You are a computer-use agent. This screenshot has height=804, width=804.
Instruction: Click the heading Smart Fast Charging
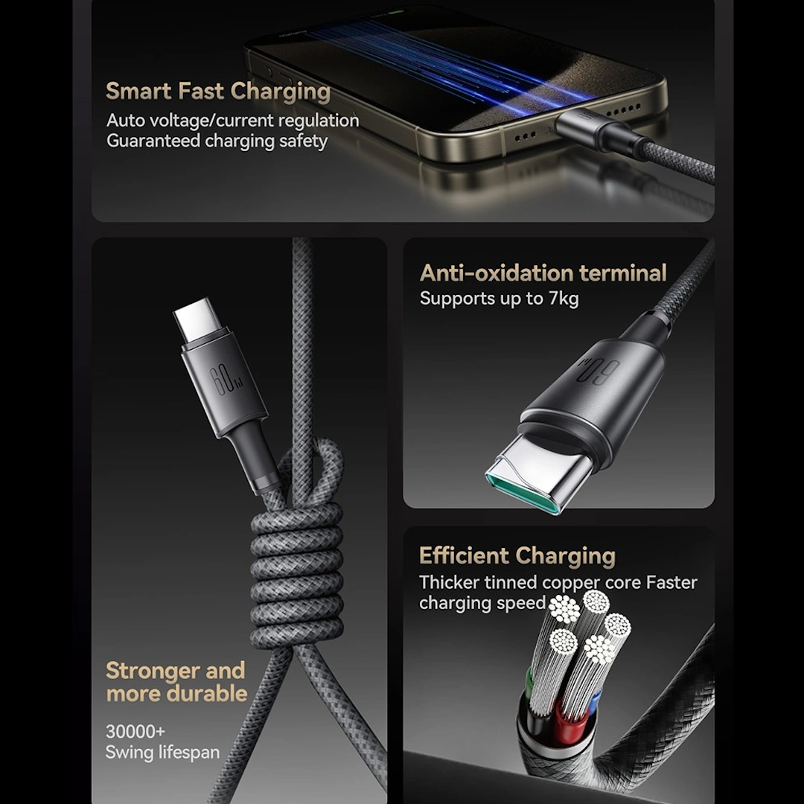click(218, 92)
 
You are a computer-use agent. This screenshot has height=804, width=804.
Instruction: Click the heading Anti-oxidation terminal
click(543, 272)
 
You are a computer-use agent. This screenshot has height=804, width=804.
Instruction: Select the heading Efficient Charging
click(517, 556)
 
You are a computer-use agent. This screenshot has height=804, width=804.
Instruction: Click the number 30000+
click(135, 731)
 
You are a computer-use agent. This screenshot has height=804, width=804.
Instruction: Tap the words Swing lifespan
click(162, 752)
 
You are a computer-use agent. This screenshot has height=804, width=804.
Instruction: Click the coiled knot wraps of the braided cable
click(296, 573)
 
